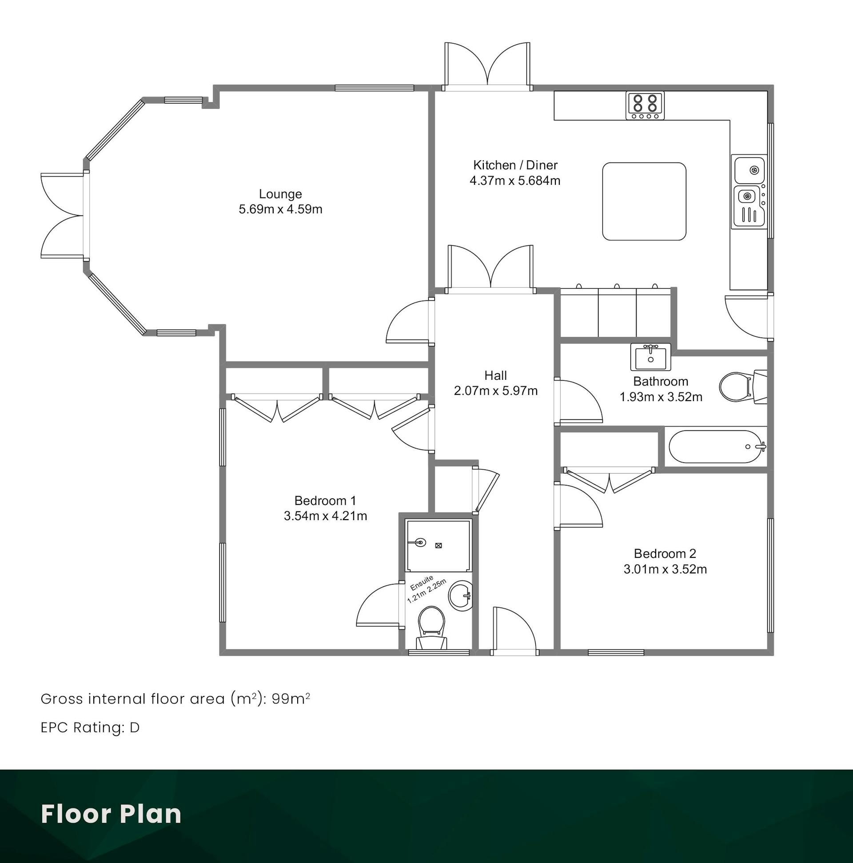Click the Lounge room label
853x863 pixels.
[x=280, y=194]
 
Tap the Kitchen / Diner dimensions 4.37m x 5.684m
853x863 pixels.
[x=515, y=180]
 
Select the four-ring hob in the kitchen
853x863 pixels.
[x=645, y=105]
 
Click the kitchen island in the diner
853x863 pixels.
[x=644, y=202]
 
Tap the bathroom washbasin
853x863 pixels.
[x=650, y=357]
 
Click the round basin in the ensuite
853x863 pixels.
[x=460, y=596]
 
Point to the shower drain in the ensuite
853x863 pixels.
[x=438, y=545]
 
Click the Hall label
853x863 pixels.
[x=495, y=375]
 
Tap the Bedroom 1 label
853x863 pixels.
[x=325, y=500]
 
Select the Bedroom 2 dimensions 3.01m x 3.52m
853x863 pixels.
[x=665, y=569]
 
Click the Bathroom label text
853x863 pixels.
[x=661, y=381]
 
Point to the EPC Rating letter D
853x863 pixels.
[x=135, y=728]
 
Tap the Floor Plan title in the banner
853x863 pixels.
[x=111, y=813]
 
